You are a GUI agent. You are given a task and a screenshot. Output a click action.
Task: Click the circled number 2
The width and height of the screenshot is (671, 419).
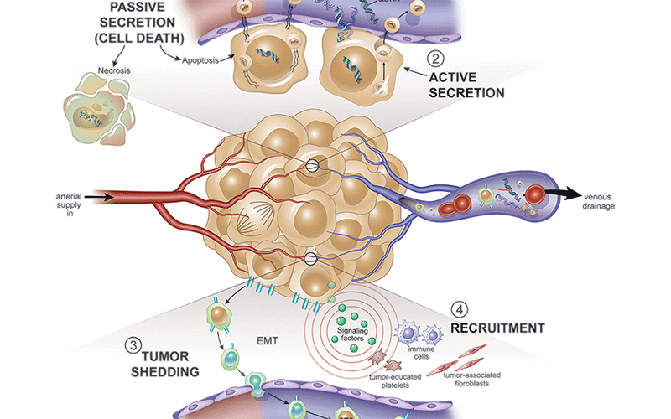click(x=434, y=59)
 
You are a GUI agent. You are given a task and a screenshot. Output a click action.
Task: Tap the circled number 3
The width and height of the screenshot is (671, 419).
click(x=133, y=344)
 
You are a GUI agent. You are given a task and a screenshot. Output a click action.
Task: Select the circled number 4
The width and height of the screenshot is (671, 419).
click(x=458, y=309)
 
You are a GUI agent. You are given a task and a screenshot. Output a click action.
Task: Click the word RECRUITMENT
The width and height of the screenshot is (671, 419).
click(x=497, y=328)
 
